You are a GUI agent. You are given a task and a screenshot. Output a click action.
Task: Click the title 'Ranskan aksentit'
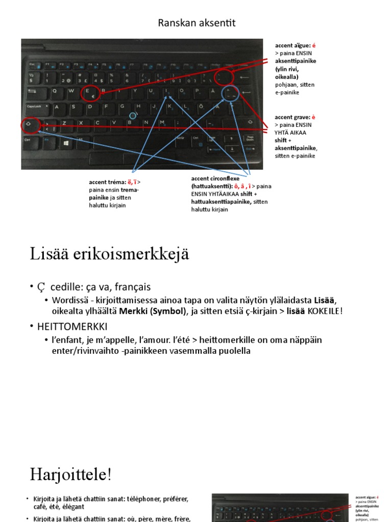click(x=197, y=23)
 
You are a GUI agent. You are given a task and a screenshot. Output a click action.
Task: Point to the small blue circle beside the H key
click(x=133, y=116)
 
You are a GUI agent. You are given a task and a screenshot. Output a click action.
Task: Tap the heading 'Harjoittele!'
click(x=70, y=475)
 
